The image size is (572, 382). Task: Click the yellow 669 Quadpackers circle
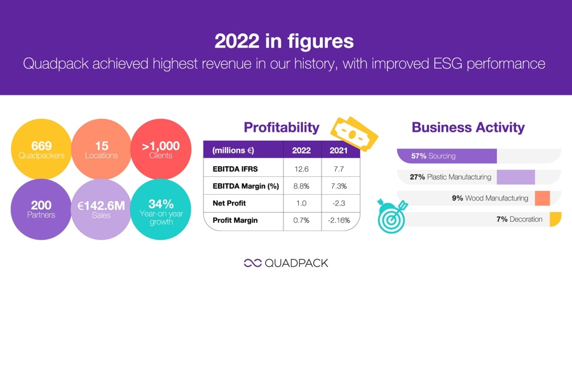coord(41,149)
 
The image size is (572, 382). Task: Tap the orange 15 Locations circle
coord(102,149)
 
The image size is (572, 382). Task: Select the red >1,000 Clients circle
coord(161,149)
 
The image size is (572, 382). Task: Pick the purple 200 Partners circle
coord(41,209)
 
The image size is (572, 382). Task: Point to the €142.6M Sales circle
coord(101,209)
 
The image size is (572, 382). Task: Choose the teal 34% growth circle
coord(161,209)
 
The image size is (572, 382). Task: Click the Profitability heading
coord(282,127)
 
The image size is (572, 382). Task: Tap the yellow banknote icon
coord(354,134)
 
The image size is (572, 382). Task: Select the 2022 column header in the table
coord(301,150)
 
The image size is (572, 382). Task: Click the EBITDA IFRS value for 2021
coord(339,169)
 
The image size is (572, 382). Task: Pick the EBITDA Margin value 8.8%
coord(301,186)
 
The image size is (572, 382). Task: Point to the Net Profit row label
coord(229,203)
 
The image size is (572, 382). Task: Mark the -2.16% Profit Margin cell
coord(339,220)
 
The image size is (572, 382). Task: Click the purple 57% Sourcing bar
coord(447,156)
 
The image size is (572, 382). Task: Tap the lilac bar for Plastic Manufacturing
coord(516,177)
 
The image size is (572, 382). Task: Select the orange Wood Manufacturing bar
coord(543,198)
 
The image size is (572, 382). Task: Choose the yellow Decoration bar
coord(555,219)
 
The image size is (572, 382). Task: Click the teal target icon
coord(392,216)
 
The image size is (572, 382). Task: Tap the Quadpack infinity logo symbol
coord(253,263)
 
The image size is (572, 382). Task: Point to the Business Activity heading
coord(468,127)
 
